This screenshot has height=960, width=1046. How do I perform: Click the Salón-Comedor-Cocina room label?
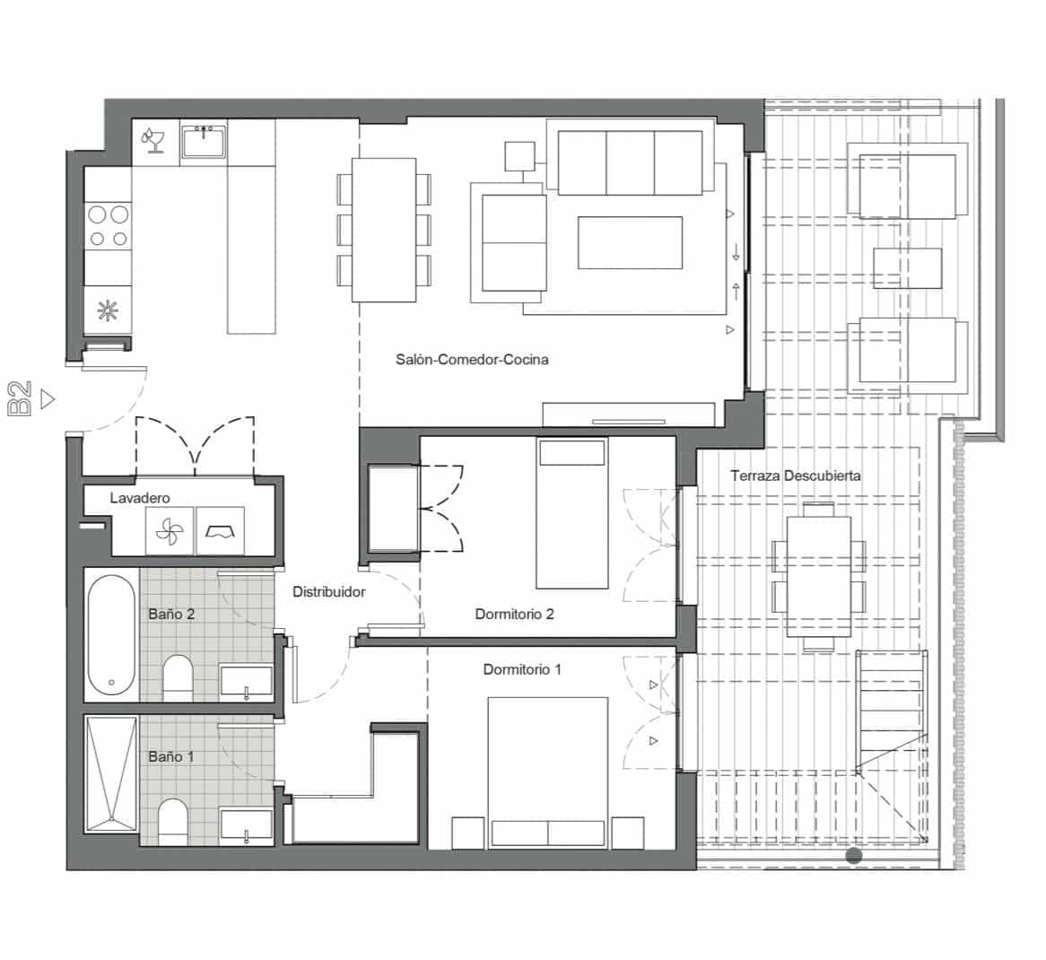tap(472, 360)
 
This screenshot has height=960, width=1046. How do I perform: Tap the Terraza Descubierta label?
tap(795, 476)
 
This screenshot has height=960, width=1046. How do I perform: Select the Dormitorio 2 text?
tap(514, 615)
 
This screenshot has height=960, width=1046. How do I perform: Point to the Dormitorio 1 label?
tap(522, 669)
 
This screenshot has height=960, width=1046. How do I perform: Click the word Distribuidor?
tap(329, 592)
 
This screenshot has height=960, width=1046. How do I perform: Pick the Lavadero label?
tap(140, 498)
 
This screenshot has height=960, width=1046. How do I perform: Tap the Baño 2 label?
tap(171, 615)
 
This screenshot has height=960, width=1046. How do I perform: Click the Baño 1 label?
tap(171, 756)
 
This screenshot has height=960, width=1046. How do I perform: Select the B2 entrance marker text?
tap(21, 398)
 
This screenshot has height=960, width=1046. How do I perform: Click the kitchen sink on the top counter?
tap(205, 142)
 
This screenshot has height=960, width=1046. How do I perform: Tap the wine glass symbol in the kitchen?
tap(153, 141)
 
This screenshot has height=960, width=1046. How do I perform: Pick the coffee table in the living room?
tap(629, 243)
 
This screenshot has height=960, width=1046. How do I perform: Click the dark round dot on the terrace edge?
tap(854, 856)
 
